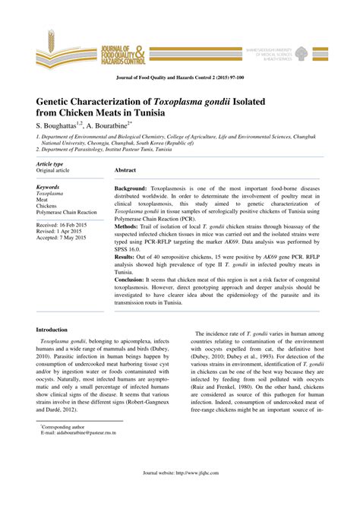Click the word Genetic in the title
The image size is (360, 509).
60,100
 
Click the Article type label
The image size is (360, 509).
50,164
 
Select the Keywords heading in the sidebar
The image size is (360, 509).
48,186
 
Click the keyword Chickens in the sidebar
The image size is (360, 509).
46,206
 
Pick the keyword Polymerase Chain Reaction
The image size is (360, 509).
67,213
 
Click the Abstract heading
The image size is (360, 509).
125,171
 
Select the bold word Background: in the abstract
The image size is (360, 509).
131,187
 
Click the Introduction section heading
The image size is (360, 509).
57,330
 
